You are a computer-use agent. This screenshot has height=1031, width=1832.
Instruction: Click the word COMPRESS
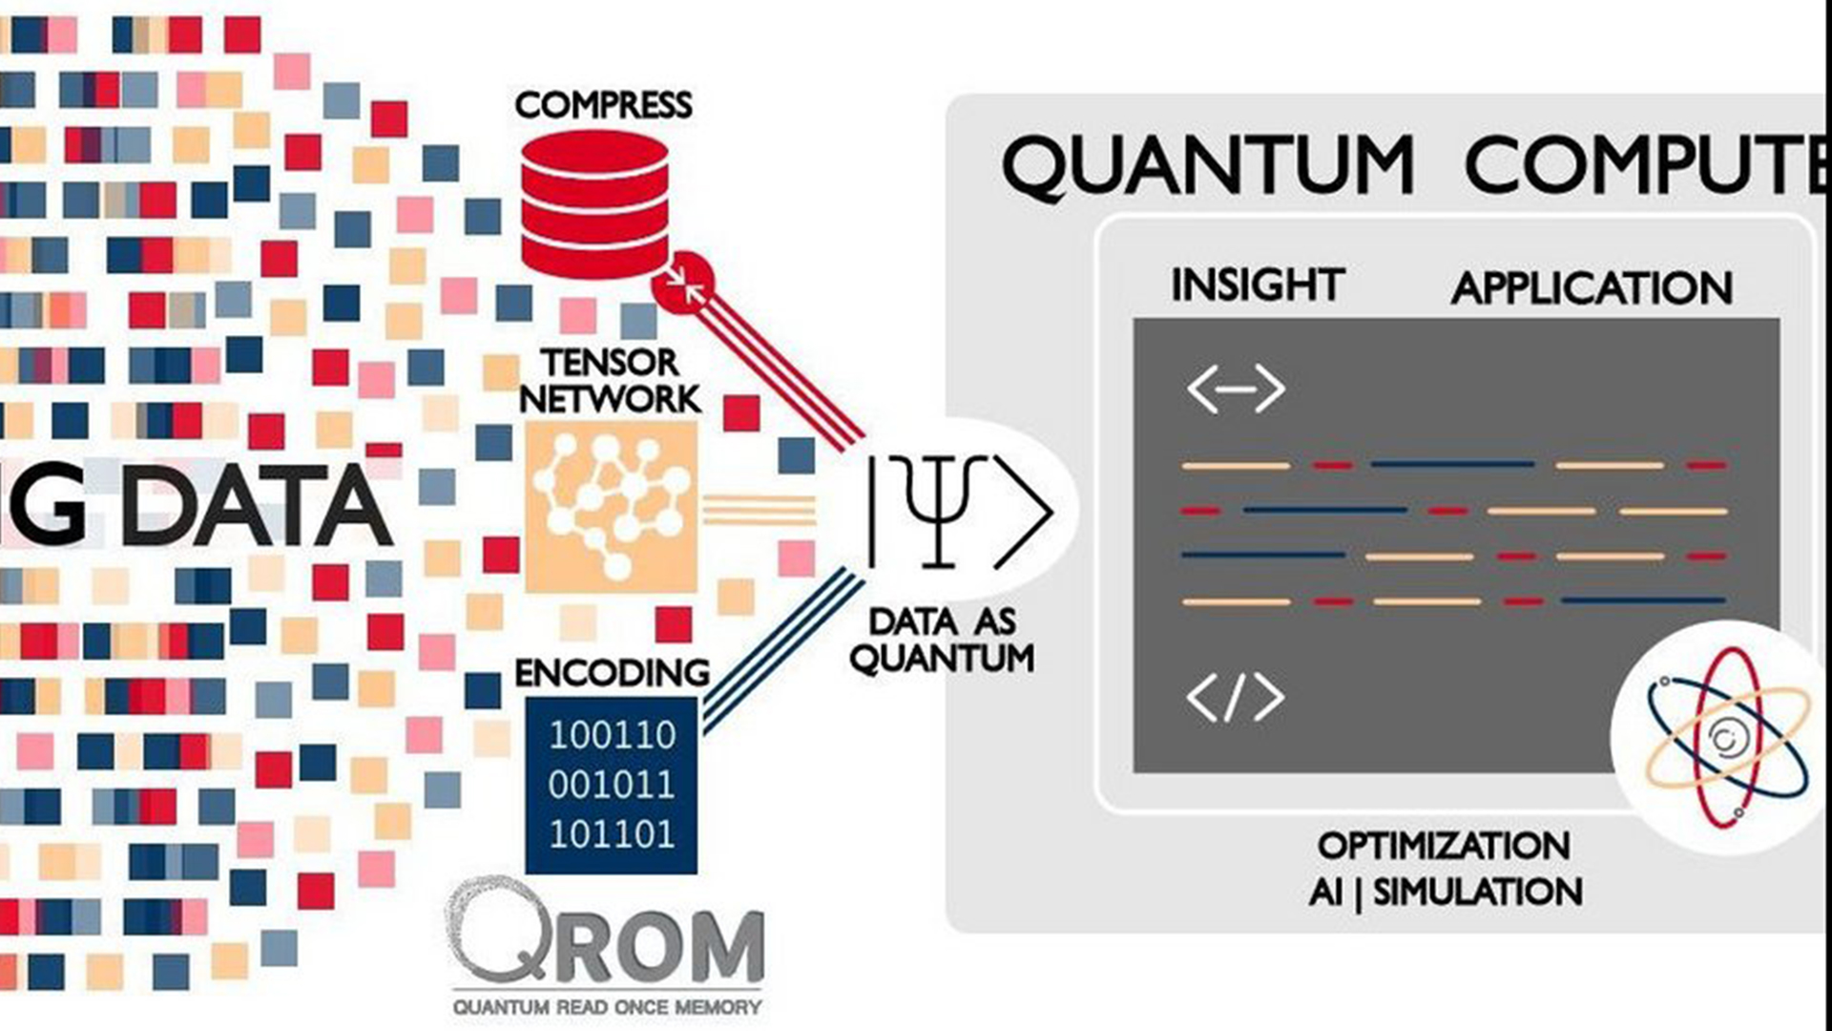(x=603, y=105)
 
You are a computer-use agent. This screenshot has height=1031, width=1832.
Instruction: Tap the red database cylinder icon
(x=594, y=203)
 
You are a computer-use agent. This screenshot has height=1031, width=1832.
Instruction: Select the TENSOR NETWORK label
(x=611, y=381)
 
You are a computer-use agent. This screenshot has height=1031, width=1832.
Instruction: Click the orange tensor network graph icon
(x=612, y=506)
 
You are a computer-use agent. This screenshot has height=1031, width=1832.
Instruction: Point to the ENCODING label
(x=612, y=673)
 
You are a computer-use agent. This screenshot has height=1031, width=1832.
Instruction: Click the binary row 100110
(x=612, y=735)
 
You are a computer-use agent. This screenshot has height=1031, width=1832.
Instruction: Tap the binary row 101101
(x=612, y=834)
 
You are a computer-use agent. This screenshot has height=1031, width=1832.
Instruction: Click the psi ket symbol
(x=959, y=512)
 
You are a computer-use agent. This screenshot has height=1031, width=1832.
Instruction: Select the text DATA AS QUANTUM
(x=942, y=641)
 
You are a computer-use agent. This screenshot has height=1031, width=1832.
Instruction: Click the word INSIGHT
(x=1258, y=285)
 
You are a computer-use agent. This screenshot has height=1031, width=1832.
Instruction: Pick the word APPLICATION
(x=1592, y=288)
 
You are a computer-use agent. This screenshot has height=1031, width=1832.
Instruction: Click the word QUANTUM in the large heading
(x=1208, y=166)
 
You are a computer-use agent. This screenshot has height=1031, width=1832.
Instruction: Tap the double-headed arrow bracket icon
(x=1236, y=389)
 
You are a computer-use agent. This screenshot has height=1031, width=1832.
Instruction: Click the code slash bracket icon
(x=1236, y=697)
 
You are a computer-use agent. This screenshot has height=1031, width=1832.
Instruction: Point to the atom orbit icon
(x=1727, y=737)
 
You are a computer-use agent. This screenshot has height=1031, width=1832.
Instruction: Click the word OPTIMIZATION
(x=1444, y=846)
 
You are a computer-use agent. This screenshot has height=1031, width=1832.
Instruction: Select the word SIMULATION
(x=1478, y=893)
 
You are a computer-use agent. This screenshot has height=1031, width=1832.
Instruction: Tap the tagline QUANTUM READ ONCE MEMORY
(x=607, y=1007)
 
